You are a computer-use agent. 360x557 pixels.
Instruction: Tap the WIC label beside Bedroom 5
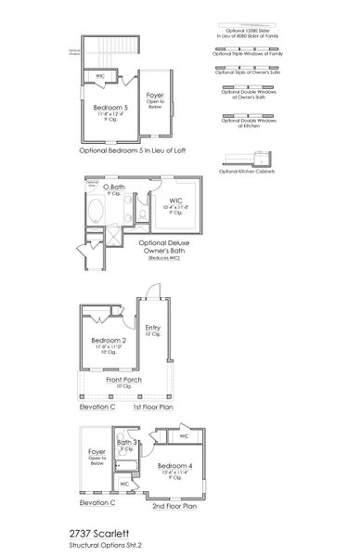coord(99,76)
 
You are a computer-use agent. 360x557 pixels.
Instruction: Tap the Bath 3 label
coord(127,443)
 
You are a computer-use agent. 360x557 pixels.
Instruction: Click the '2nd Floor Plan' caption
coord(174,507)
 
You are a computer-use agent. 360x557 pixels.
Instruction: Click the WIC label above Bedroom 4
coord(184,435)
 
